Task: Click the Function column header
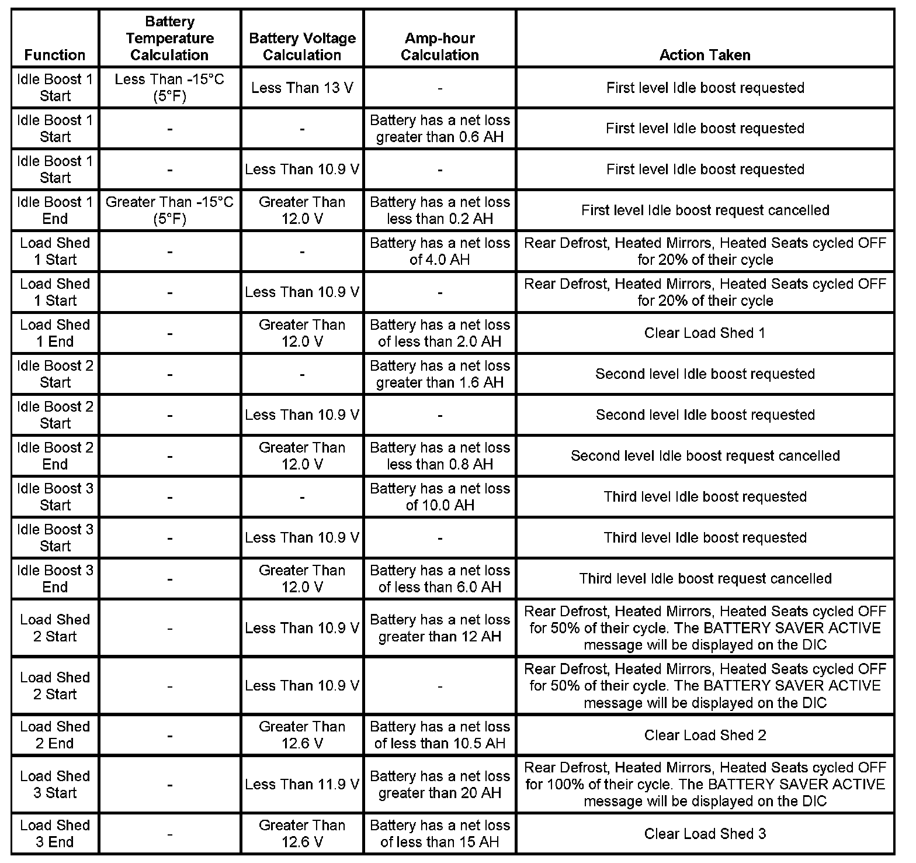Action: [55, 55]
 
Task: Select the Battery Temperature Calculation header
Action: [169, 39]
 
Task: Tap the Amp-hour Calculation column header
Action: [439, 47]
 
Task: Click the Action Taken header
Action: [705, 55]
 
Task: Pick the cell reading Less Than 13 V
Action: [302, 88]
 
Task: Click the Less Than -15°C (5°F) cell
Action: [169, 88]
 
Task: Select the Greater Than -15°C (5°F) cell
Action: [169, 210]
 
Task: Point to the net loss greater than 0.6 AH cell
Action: [439, 129]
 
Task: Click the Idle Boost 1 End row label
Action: [55, 210]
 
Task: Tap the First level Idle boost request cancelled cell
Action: [705, 210]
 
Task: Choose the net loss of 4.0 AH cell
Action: [439, 251]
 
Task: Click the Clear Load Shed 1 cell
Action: [705, 333]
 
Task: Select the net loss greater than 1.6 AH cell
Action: [439, 374]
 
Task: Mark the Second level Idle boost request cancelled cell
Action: [705, 456]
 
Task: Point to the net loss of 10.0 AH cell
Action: [439, 497]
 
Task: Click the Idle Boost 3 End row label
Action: [55, 579]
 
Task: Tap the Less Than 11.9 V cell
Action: [302, 785]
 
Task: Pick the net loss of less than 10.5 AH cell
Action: [439, 735]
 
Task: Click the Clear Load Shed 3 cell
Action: [705, 834]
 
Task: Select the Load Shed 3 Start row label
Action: [55, 785]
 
